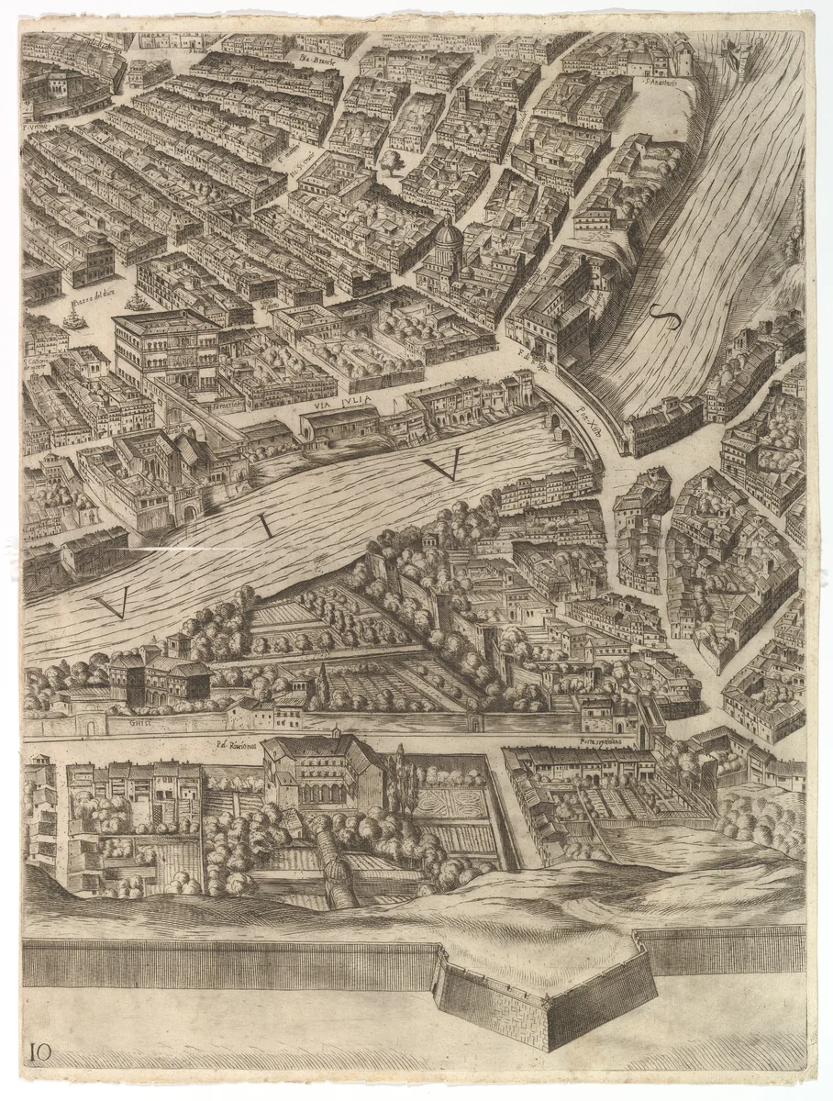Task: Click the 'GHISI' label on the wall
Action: coord(139,723)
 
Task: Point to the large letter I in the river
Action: coord(265,526)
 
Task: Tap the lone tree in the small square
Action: coord(393,164)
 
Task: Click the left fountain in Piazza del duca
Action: coord(73,317)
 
